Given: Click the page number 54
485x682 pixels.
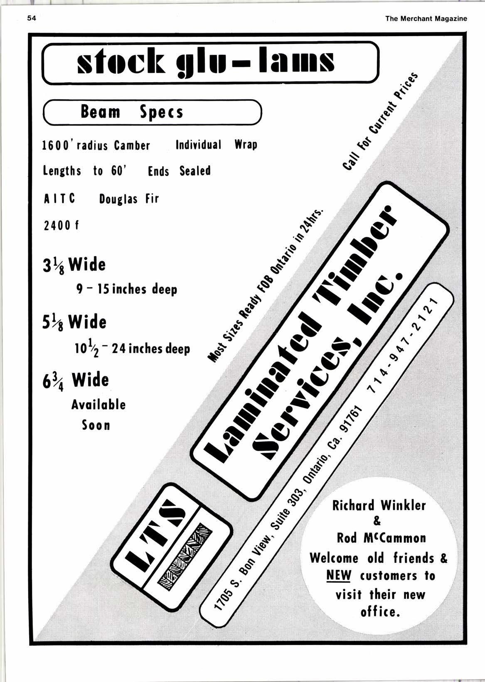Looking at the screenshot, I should pos(32,18).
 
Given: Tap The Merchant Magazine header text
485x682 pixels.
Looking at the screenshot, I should pos(426,19).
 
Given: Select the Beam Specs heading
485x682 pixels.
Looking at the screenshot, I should pos(131,112).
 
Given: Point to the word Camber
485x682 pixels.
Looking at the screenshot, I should pos(132,145).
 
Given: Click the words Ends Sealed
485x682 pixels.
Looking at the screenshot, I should pos(179,171).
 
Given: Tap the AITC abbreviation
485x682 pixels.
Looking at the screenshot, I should pos(59,199).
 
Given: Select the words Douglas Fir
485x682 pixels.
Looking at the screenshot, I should pos(129,199).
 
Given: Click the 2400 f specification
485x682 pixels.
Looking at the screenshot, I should pos(61,226).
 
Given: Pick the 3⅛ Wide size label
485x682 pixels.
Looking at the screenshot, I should pos(74,265).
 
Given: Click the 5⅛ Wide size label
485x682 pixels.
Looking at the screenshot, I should pos(74,322).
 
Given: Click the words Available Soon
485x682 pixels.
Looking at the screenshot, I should pos(98,415).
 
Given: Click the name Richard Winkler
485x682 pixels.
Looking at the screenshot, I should pos(379,505).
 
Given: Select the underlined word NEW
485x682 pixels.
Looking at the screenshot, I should pos(339,576).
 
